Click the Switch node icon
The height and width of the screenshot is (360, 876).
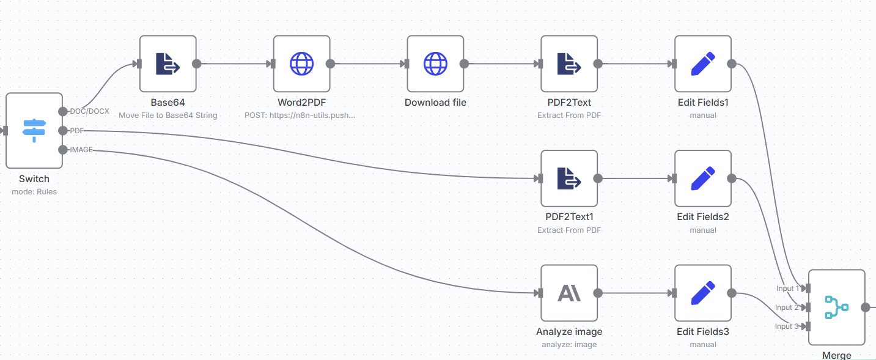(x=34, y=131)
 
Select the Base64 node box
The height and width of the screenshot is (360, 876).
(x=167, y=64)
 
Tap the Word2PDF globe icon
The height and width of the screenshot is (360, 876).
(x=301, y=64)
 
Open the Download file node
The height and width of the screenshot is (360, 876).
(x=435, y=64)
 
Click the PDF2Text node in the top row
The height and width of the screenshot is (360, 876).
(x=569, y=64)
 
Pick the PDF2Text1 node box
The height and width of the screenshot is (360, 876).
(x=569, y=178)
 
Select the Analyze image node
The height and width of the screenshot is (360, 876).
(x=569, y=293)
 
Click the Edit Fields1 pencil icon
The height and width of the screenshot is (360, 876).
(x=703, y=64)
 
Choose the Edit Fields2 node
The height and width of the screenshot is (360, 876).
(x=703, y=178)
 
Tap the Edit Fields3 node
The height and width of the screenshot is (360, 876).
(x=703, y=293)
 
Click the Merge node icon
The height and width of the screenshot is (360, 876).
(x=836, y=307)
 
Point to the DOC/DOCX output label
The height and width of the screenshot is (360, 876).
(x=89, y=111)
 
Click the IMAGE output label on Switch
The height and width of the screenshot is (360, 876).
(x=81, y=150)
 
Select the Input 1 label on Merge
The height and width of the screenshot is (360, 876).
(x=787, y=288)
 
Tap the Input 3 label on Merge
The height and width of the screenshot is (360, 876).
(x=787, y=326)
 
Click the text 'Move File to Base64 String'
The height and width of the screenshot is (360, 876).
(x=167, y=116)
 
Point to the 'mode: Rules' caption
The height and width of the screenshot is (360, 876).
(x=34, y=191)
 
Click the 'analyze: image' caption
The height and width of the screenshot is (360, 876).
(x=569, y=344)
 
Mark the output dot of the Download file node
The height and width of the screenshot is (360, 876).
(x=464, y=64)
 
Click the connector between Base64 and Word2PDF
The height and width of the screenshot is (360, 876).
(x=234, y=64)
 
